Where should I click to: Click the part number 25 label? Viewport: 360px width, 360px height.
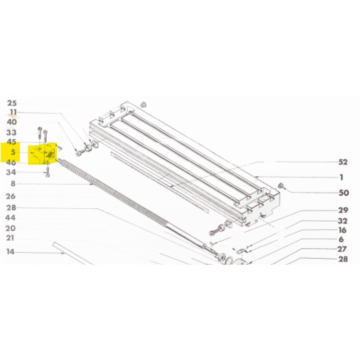point(12,103)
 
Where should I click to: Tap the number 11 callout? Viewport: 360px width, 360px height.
point(13,112)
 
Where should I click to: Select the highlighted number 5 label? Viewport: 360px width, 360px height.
point(13,152)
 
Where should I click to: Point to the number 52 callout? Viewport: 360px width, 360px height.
point(343,162)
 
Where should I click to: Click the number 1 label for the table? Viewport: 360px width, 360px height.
point(342,177)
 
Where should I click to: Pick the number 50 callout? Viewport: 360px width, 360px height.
point(344,193)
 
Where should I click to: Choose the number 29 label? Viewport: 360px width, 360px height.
point(343,210)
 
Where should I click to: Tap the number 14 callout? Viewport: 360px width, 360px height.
point(10,252)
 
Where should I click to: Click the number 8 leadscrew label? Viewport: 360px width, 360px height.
point(13,184)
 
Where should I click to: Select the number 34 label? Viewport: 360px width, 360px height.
point(11,172)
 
